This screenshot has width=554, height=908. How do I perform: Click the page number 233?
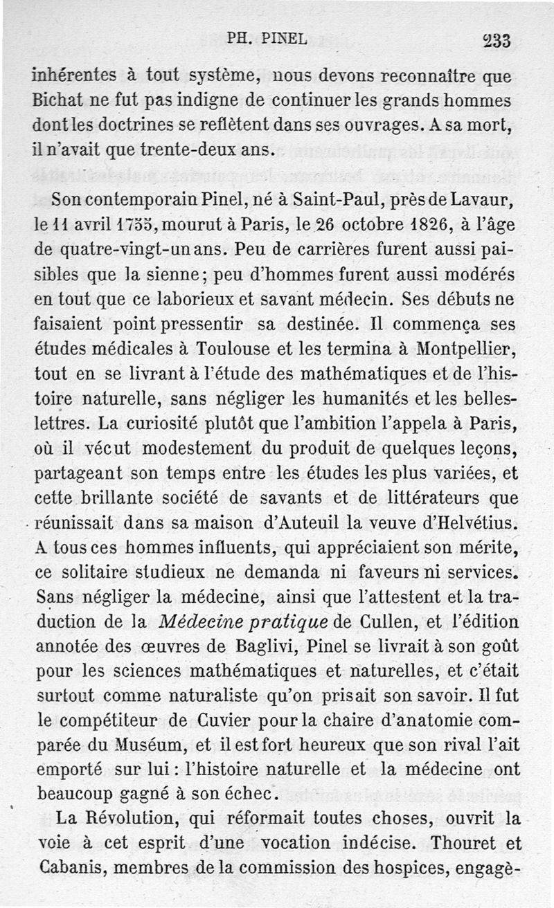(x=497, y=41)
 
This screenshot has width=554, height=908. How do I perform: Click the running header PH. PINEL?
(x=267, y=39)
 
